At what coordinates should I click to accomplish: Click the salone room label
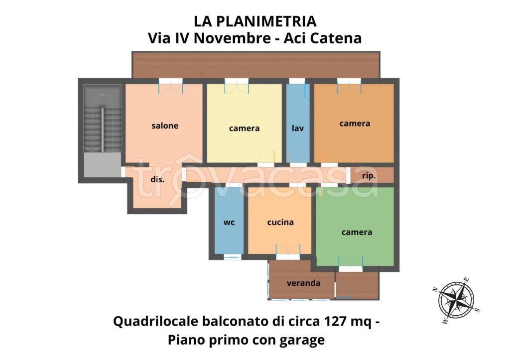[165, 126]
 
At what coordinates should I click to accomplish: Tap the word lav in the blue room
[298, 128]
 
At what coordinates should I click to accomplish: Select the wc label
[229, 222]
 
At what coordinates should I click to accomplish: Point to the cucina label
[280, 222]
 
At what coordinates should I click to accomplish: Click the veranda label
[303, 283]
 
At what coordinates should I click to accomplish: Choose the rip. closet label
[369, 176]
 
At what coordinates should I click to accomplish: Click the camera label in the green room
[357, 232]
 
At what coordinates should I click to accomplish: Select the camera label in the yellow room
[244, 128]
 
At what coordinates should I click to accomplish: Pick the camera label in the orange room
[355, 123]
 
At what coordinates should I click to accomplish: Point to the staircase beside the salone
[103, 120]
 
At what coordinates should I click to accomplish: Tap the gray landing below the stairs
[102, 164]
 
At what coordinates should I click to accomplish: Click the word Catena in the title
[337, 38]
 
